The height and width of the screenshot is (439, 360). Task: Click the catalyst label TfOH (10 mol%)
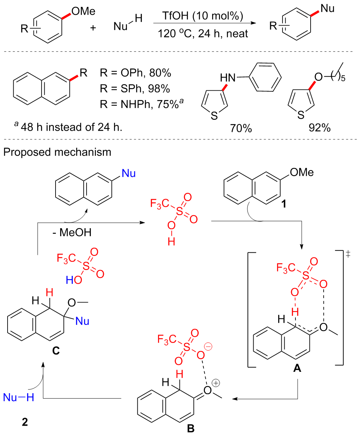[202, 17]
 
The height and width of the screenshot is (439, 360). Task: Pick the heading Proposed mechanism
[57, 152]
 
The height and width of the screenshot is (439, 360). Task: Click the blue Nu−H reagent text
[18, 398]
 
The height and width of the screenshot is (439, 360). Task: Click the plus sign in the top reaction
[93, 27]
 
